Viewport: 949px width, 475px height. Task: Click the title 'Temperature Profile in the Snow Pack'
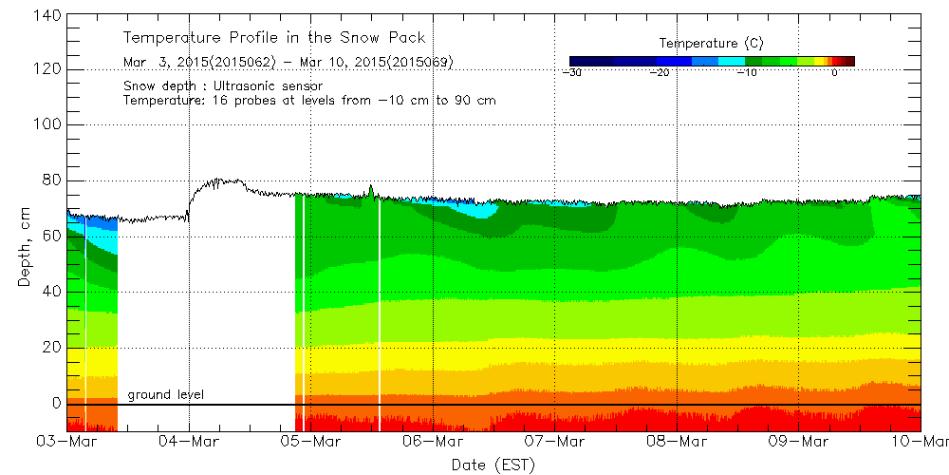(274, 38)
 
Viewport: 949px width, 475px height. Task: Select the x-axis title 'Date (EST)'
(493, 465)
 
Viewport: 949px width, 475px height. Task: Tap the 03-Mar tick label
(67, 442)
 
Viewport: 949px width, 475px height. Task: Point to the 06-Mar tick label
(433, 442)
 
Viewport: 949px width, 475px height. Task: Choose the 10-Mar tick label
(921, 442)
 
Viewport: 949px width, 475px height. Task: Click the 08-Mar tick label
(677, 442)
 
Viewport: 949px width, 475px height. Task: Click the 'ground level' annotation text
(166, 394)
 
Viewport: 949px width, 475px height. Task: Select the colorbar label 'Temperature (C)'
(711, 43)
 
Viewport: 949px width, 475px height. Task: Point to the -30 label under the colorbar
(571, 72)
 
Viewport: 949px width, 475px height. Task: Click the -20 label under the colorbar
(661, 72)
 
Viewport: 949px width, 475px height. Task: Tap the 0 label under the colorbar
(833, 72)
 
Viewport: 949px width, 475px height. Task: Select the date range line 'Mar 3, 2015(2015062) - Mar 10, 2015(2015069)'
(288, 63)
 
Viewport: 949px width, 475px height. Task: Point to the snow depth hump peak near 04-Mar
(219, 180)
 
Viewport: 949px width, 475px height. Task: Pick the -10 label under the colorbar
(747, 72)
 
